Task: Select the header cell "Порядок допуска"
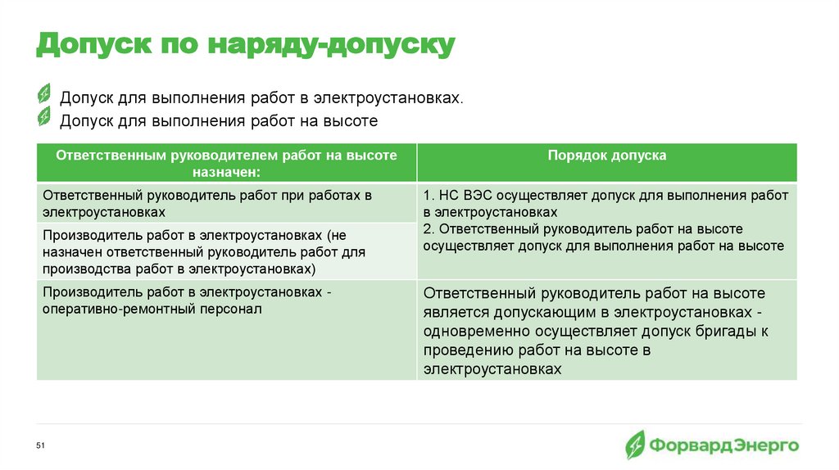pos(606,156)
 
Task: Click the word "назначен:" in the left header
pos(226,172)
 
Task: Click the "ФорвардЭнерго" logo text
pos(724,445)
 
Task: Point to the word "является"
pos(455,313)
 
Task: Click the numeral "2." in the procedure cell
pos(429,229)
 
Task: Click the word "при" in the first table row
pos(284,196)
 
